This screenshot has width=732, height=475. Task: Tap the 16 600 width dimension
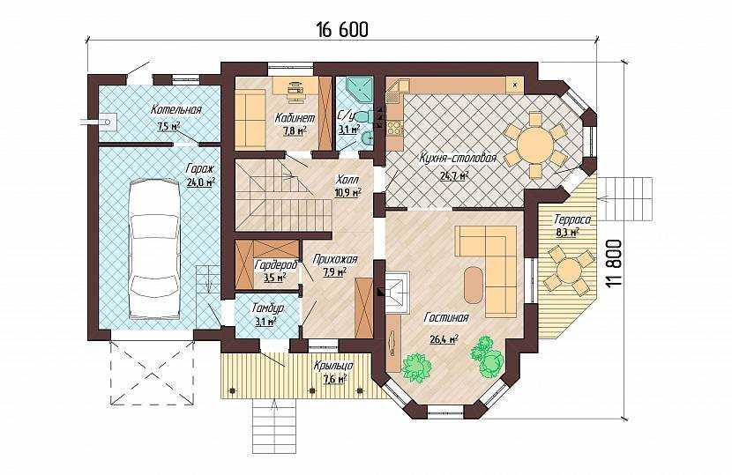pos(342,29)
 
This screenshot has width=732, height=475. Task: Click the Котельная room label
pos(176,110)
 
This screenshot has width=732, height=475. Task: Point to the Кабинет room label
pos(295,117)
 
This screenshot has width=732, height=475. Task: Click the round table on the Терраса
pos(570,271)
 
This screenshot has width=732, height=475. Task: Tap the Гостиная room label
pos(446,318)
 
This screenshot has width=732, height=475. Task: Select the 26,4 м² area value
pos(444,338)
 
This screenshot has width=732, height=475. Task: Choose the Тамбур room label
pos(267,308)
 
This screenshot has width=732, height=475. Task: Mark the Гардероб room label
pos(275,265)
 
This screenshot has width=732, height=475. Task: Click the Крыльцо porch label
pos(333,366)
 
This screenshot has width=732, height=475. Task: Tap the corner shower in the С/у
pos(360,90)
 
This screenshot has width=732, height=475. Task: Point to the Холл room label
pos(347,180)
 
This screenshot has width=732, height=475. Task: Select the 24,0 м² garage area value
pos(201,182)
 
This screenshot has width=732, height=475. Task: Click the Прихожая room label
pos(335,259)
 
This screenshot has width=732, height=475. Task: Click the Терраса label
pos(572,219)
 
